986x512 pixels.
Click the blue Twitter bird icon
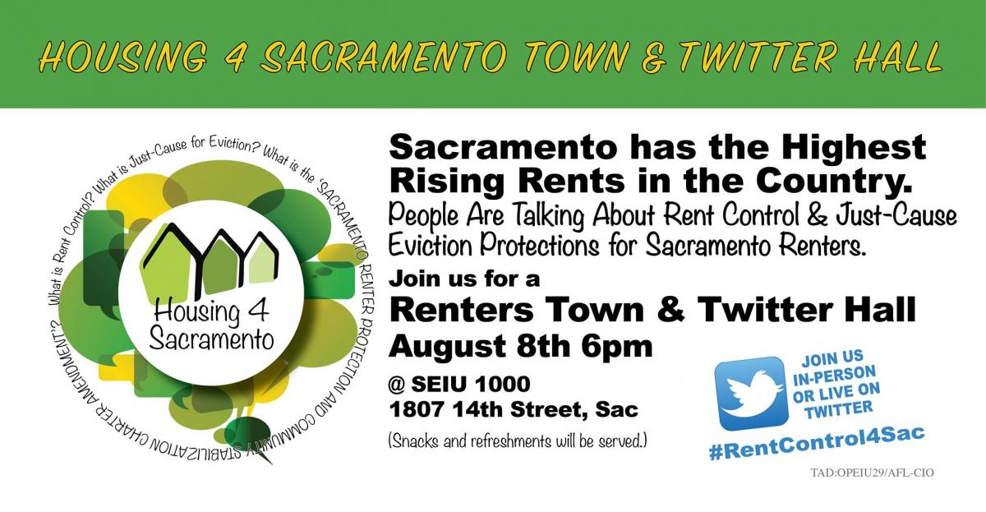tap(750, 393)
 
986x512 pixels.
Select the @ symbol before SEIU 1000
tap(397, 384)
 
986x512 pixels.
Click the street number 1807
tap(416, 410)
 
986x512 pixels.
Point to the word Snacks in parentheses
tap(415, 441)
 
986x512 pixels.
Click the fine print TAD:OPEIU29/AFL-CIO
tap(872, 473)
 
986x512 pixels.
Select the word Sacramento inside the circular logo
tap(211, 339)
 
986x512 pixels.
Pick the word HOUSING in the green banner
tap(124, 58)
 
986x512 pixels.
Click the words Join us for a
tap(464, 279)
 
